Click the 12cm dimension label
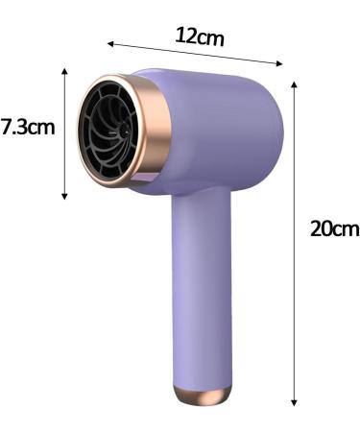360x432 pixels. (x=201, y=36)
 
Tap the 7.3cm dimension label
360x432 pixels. (x=28, y=127)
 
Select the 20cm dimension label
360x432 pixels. (x=333, y=228)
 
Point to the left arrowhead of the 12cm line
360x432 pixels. (x=110, y=43)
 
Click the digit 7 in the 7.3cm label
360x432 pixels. (x=7, y=127)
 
